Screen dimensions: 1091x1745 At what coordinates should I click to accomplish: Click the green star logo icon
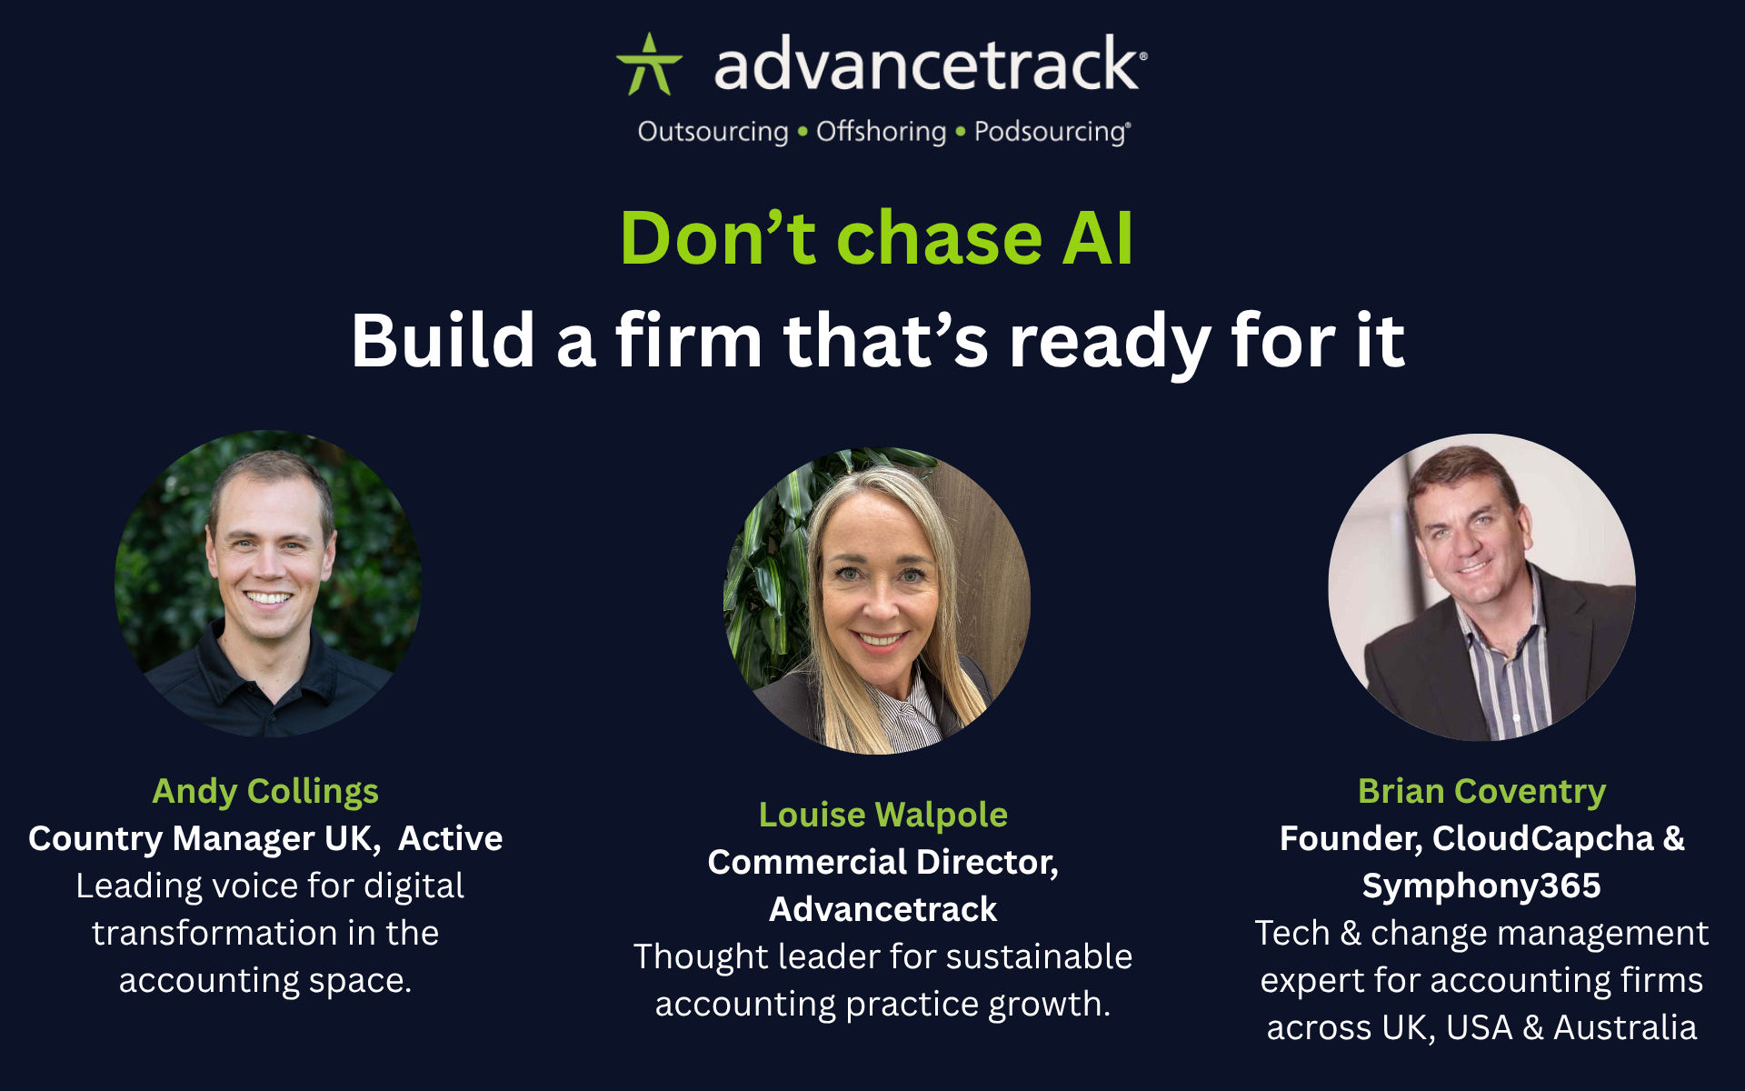(649, 65)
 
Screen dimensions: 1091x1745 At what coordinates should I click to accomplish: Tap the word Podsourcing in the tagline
(1051, 132)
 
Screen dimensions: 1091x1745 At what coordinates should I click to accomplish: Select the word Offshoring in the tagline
(881, 132)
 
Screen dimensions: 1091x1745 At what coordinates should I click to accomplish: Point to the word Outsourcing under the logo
(713, 132)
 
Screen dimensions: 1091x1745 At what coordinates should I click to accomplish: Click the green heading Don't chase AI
(877, 238)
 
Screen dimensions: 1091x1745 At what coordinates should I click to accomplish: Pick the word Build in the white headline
(443, 340)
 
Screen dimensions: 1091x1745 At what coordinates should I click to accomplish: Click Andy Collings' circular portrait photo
(268, 584)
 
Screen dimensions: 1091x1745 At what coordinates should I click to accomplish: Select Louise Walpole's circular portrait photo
(876, 600)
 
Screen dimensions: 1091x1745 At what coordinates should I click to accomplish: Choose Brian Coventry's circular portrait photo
(1481, 587)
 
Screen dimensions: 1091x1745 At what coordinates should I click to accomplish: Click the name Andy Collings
(265, 791)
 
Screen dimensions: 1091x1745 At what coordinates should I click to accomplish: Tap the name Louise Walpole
(882, 815)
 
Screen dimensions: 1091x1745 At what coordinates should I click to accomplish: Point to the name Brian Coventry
(1481, 791)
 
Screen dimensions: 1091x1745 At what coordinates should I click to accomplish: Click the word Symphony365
(1481, 886)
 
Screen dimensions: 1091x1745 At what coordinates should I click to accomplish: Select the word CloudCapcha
(1542, 838)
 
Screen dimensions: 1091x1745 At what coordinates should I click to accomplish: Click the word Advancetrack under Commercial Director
(882, 909)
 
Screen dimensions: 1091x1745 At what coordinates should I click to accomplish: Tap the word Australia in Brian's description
(1624, 1027)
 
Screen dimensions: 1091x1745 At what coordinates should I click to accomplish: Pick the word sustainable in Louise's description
(1036, 956)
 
